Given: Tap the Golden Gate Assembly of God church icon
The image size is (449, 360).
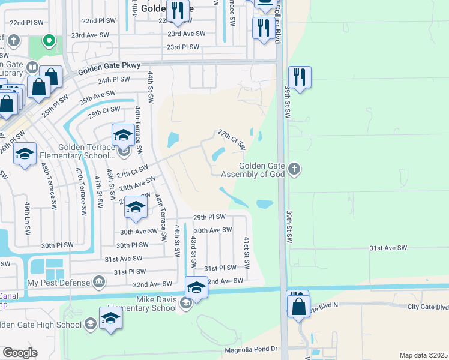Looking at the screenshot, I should tap(294, 169).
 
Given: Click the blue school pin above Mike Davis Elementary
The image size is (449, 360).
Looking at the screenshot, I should tap(196, 287).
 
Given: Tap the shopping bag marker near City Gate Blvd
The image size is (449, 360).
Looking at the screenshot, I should tap(298, 305).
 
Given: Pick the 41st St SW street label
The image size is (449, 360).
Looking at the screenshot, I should tap(246, 252).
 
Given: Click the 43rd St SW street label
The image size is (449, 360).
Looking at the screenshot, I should tap(194, 252).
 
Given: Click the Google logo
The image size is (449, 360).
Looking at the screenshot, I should tap(20, 353).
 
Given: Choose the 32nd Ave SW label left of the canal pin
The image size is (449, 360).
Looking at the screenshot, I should tap(152, 284).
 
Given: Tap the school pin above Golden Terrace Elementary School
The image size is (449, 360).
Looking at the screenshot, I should tap(123, 136).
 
